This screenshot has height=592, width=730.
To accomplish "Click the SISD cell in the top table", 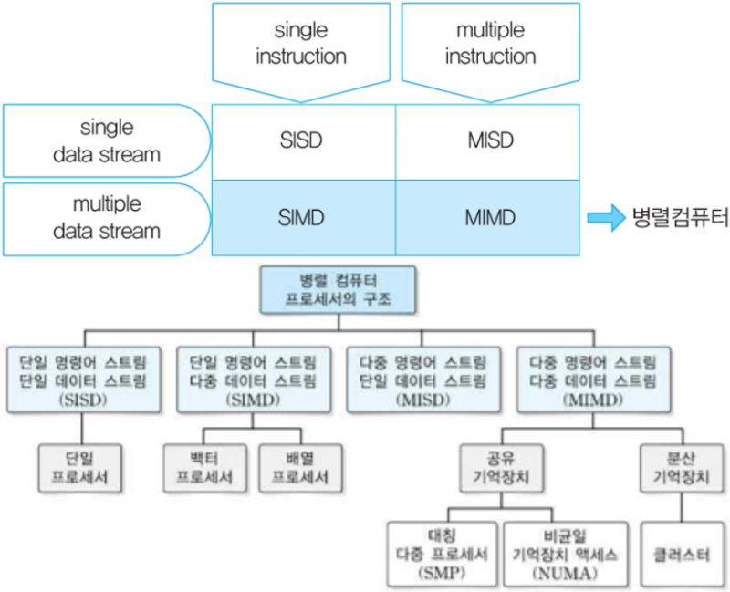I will (x=302, y=141).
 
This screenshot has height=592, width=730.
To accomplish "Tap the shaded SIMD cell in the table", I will (x=302, y=218).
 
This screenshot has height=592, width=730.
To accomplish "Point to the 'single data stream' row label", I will (x=107, y=141).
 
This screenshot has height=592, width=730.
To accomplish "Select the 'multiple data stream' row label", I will (x=107, y=218).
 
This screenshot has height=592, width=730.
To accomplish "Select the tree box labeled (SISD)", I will (x=83, y=377).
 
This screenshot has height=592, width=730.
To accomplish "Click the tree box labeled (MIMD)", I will (x=592, y=377).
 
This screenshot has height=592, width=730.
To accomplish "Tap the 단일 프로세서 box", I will (x=83, y=466).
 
